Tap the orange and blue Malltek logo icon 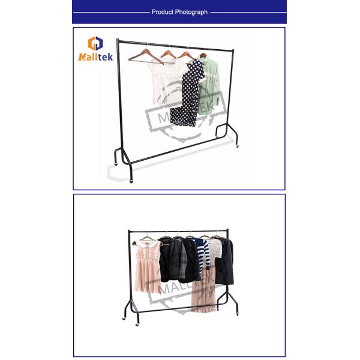point(95,43)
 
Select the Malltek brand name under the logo point(95,57)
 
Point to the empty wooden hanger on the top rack point(146,57)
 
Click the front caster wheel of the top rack point(131,181)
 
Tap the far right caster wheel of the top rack point(237,146)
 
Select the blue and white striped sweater point(203,254)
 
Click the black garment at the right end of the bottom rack point(224,262)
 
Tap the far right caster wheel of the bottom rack point(237,314)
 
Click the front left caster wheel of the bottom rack point(137,325)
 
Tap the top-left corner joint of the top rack point(118,41)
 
